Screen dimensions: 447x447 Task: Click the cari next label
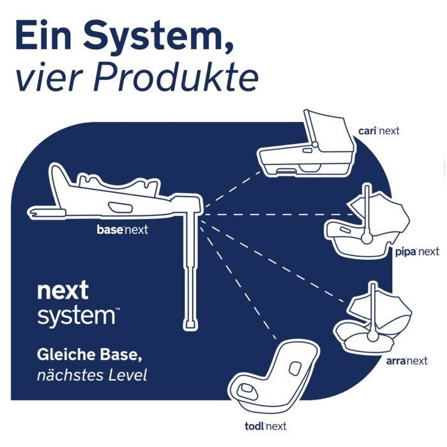pos(379,131)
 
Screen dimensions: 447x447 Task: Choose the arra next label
pos(407,361)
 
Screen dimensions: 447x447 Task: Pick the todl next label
pos(266,426)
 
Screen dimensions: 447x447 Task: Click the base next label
pos(122,229)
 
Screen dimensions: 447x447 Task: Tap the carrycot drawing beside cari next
pos(307,147)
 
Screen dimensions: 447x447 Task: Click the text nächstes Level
pos(92,375)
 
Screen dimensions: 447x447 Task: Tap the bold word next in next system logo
pos(63,291)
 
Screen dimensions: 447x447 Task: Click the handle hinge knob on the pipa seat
pos(367,237)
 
